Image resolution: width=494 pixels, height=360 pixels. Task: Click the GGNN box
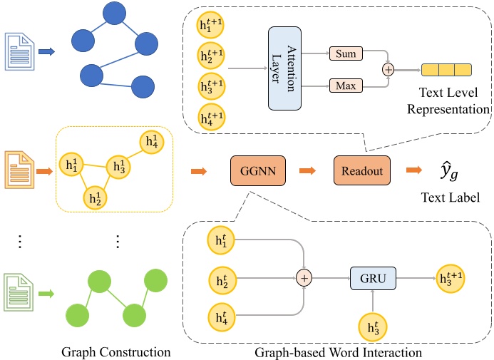[x=253, y=171]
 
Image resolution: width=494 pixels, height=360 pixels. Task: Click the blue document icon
[x=18, y=51]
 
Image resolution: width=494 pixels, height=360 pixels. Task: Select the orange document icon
[x=18, y=171]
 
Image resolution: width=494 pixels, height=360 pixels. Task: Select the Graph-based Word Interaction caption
[x=338, y=351]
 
